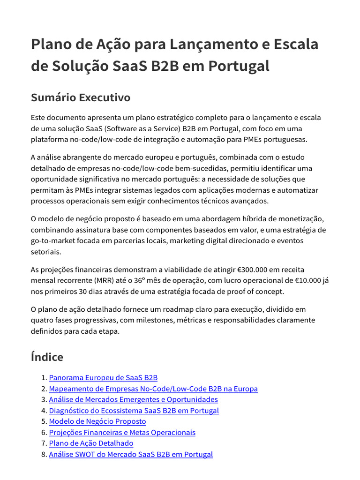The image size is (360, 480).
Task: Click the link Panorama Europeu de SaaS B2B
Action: (x=103, y=378)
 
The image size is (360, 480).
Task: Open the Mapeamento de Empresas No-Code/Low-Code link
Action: (x=153, y=389)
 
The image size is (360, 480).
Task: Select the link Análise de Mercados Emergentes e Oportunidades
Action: (x=133, y=399)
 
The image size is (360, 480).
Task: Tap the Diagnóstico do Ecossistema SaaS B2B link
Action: (x=134, y=411)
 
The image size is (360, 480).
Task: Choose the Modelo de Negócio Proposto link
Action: (x=97, y=421)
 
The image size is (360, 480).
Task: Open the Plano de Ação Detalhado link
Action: (x=91, y=443)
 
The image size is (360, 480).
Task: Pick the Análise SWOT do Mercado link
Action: (x=131, y=454)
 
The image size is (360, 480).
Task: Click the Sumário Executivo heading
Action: (x=80, y=97)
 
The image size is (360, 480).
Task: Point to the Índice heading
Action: (x=47, y=357)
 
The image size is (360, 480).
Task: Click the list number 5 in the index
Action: (x=43, y=421)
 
